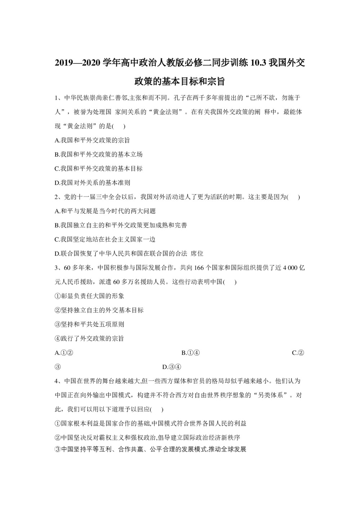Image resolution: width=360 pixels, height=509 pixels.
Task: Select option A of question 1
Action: coord(92,140)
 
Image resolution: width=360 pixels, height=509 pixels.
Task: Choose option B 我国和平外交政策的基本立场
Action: coord(99,154)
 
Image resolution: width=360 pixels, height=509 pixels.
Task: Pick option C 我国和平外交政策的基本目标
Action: coord(99,168)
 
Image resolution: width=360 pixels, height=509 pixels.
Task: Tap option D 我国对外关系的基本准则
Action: coord(92,183)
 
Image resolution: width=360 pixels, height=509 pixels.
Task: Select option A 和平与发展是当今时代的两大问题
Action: coord(105,211)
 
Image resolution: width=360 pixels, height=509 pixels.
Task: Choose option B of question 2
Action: coord(121,225)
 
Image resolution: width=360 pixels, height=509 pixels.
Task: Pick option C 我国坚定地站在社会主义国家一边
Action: coord(105,239)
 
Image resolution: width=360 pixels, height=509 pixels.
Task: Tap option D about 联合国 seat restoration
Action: coord(129,253)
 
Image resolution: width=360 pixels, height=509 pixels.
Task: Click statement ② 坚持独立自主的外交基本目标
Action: coord(99,310)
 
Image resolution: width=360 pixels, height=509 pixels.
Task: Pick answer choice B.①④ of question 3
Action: coord(190,353)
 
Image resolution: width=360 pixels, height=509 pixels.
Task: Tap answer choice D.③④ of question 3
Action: coord(171,367)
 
